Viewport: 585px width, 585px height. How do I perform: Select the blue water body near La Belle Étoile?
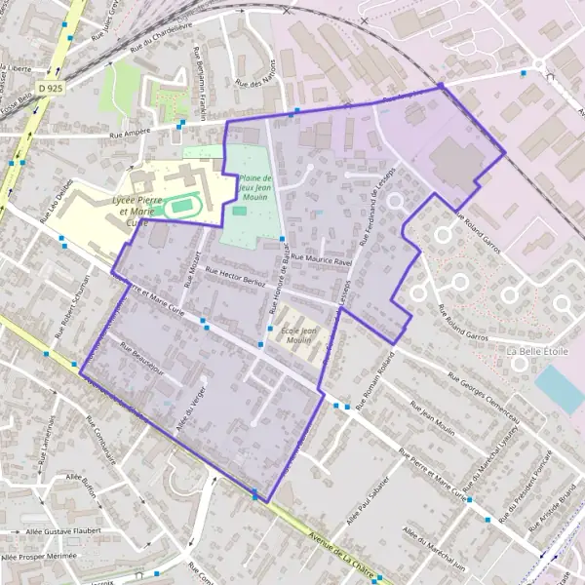(x=560, y=388)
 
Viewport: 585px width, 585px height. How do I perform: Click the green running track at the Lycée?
(x=177, y=207)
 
